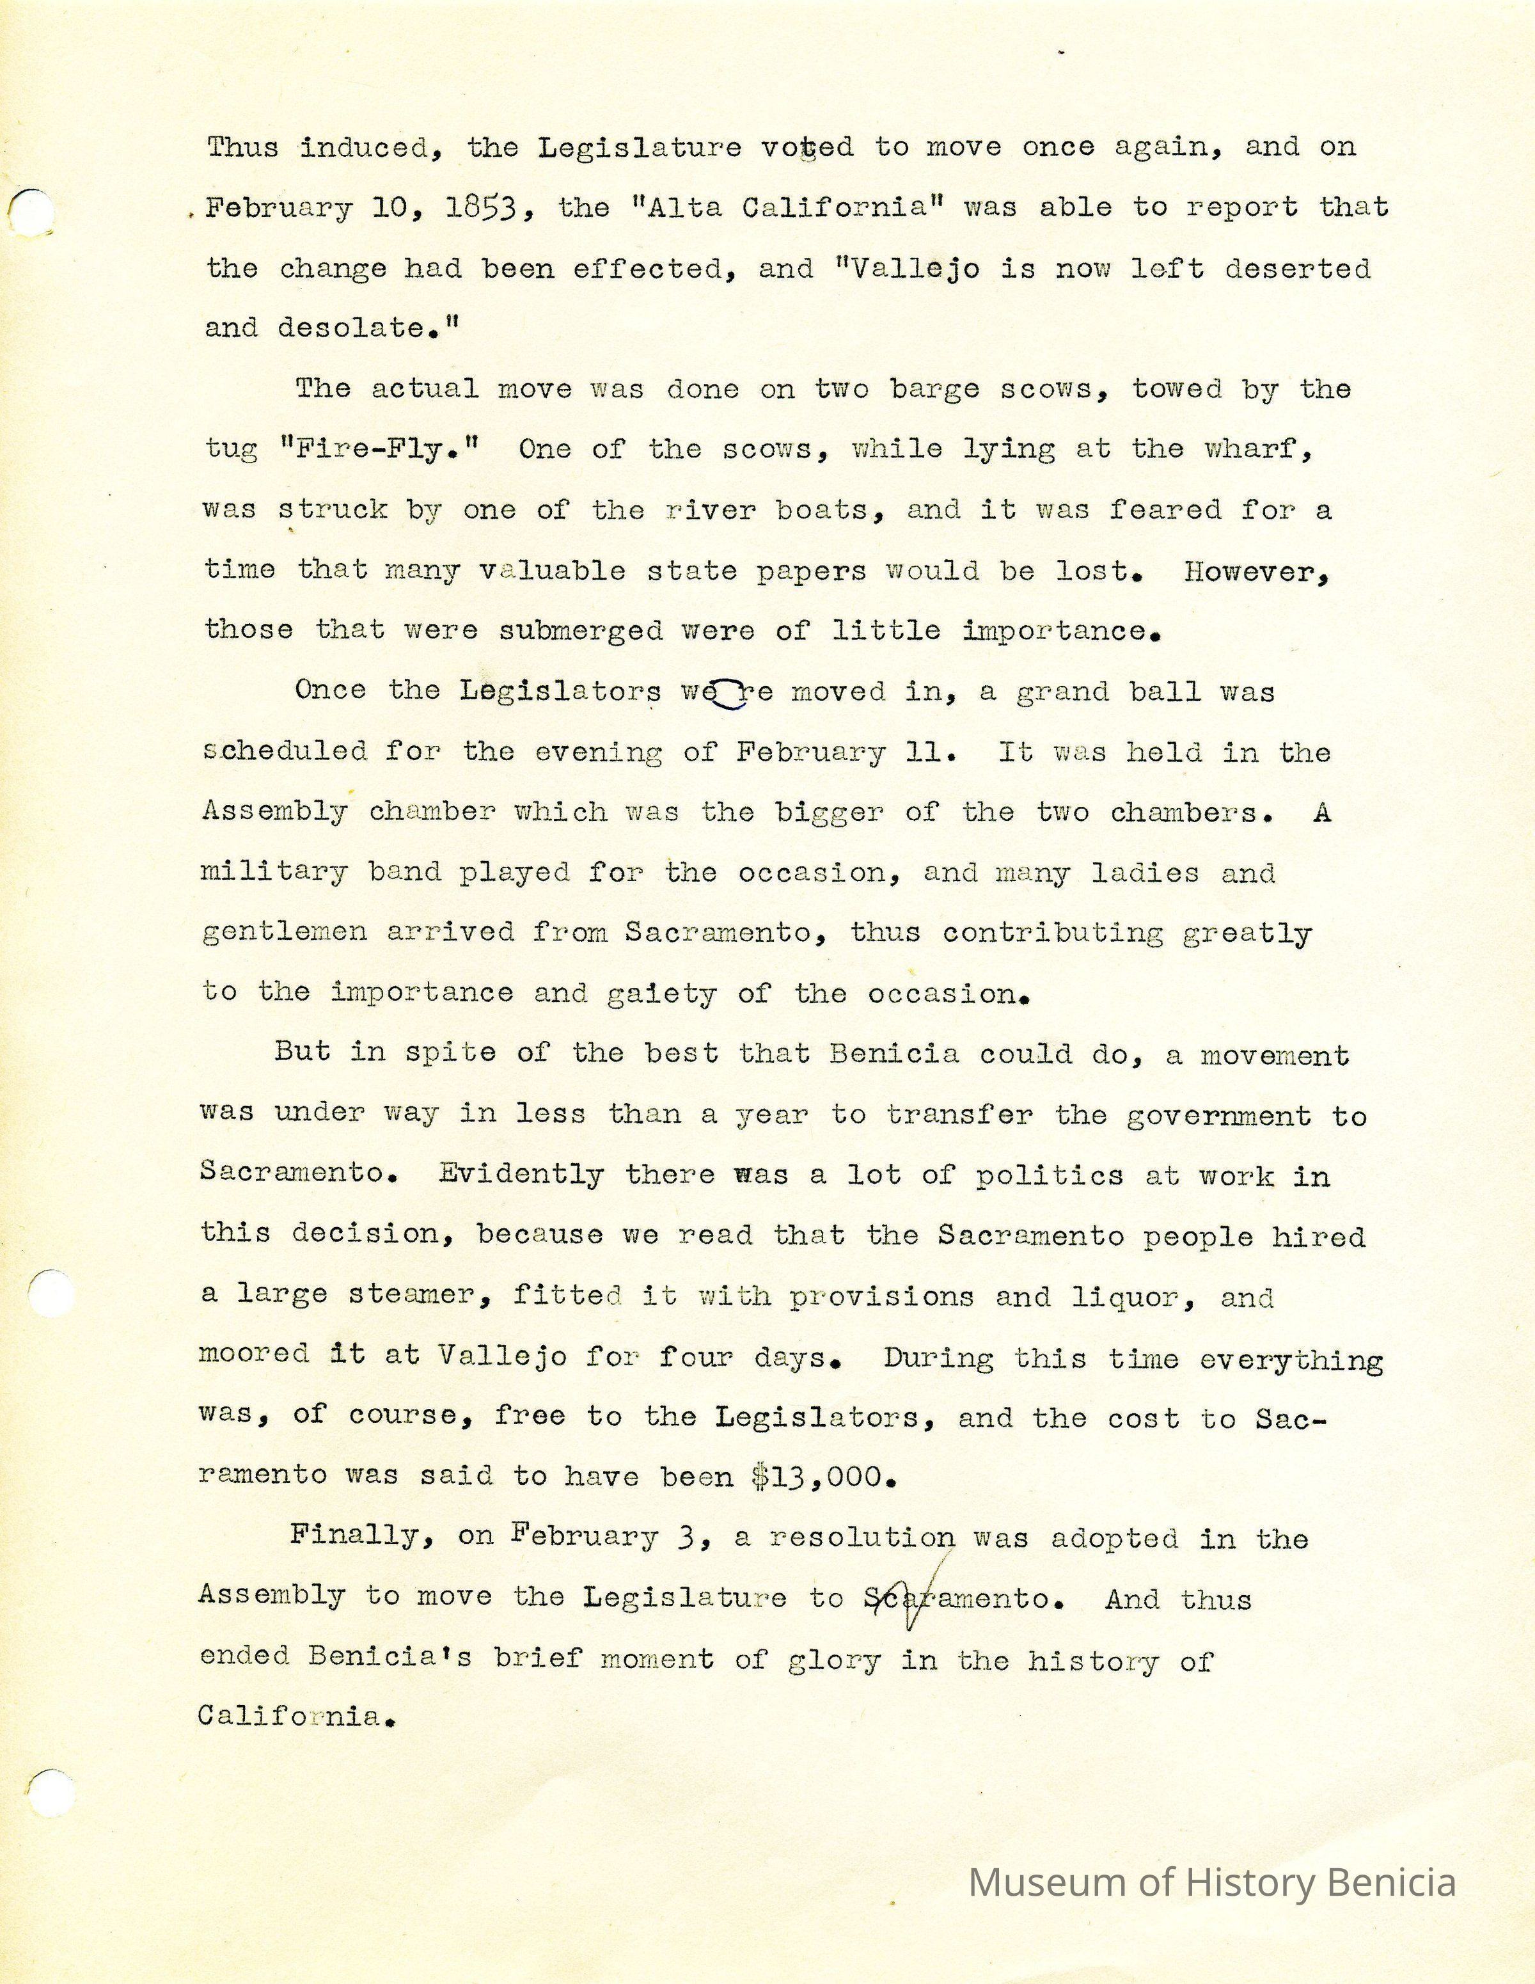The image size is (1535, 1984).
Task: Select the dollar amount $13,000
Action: (824, 1477)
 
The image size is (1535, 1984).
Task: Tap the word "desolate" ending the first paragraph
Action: (327, 329)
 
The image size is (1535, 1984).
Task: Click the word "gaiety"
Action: (660, 994)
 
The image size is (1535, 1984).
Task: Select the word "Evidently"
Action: (521, 1175)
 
